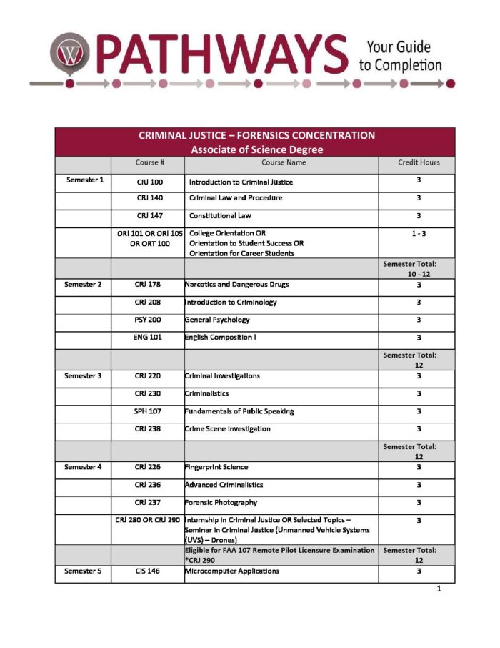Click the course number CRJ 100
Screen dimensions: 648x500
coord(150,182)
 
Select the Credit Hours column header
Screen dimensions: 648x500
coord(419,162)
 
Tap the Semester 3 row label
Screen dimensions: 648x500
coord(83,375)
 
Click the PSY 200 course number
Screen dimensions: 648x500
coord(148,320)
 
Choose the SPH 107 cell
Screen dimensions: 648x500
coord(148,411)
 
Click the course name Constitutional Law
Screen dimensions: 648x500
coord(220,215)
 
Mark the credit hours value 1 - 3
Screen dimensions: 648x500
coord(419,233)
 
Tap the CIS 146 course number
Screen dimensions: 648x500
coord(148,571)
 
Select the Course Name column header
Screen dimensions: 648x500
coord(281,162)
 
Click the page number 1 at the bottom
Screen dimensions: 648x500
coord(439,589)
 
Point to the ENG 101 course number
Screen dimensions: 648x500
coord(148,337)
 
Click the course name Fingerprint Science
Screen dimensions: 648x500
coord(216,467)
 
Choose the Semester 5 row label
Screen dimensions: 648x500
coord(83,571)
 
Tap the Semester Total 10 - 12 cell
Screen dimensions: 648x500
coord(419,269)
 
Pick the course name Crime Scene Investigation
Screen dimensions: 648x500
coord(227,429)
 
